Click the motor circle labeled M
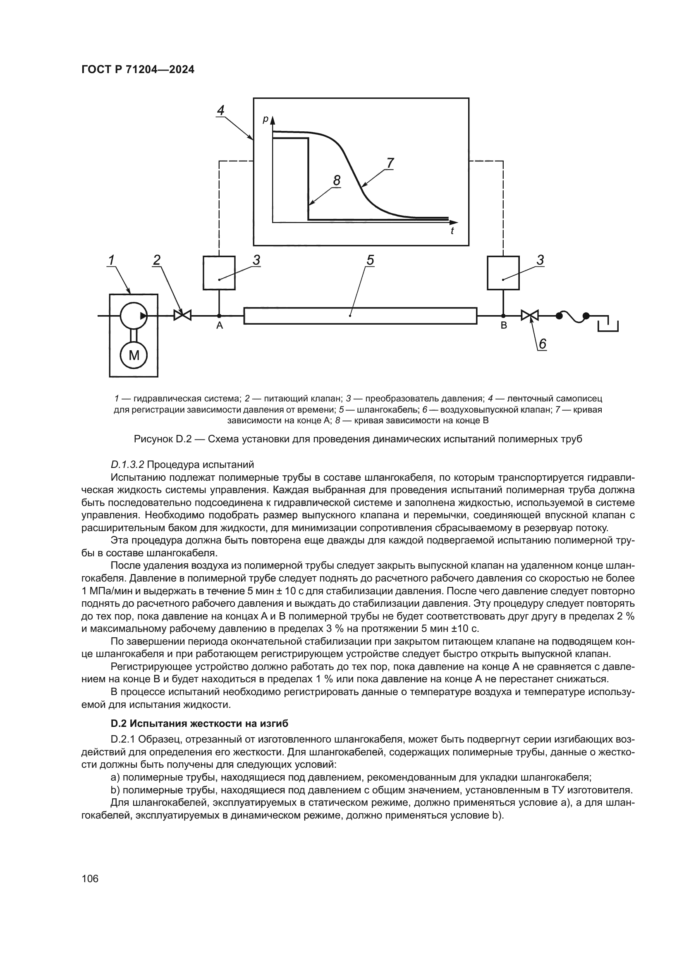[x=134, y=356]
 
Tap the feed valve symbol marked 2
[x=182, y=315]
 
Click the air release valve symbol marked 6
[x=530, y=315]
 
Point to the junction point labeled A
[x=219, y=316]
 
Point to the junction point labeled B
[x=503, y=316]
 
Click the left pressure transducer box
[x=219, y=273]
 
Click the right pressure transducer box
[x=503, y=273]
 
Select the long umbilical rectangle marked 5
[x=360, y=316]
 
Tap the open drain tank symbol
[x=608, y=325]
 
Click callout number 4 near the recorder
[x=221, y=110]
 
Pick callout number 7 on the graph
[x=390, y=162]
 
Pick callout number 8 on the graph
[x=337, y=180]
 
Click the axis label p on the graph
[x=265, y=119]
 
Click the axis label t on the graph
[x=452, y=231]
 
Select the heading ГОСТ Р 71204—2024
[x=138, y=70]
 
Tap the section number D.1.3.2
[x=127, y=465]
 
